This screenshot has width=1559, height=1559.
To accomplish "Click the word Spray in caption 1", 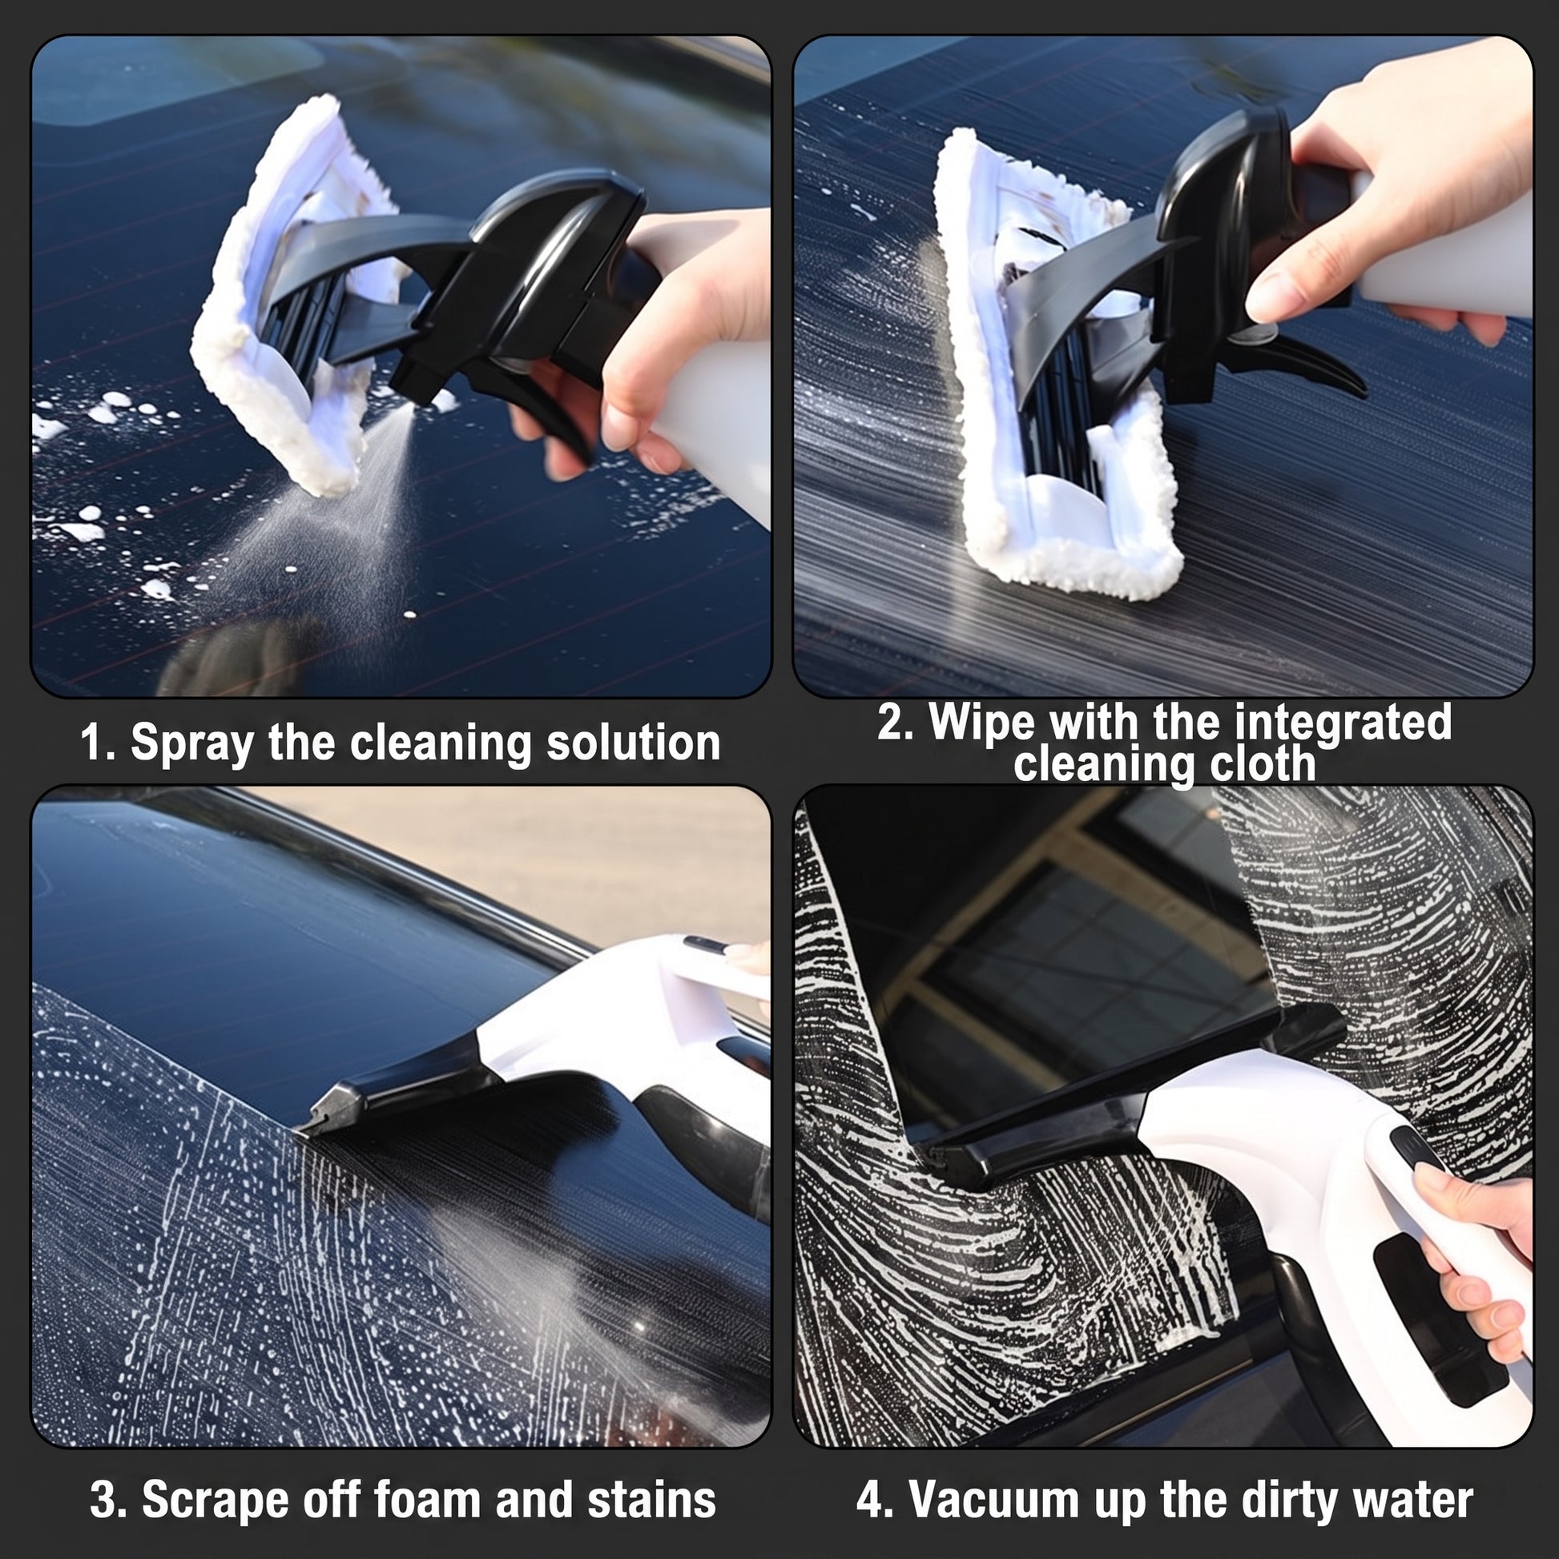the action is pos(191,743).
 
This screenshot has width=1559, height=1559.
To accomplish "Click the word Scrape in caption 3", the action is pos(216,1500).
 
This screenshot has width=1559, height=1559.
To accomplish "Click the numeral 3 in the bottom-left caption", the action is pos(103,1500).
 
